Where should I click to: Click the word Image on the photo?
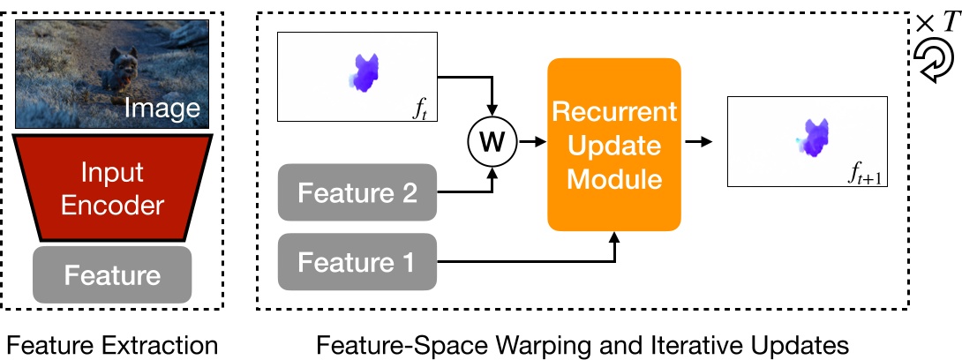162,109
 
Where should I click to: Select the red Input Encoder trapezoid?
112,188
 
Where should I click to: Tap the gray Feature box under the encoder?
112,275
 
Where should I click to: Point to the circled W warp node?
492,140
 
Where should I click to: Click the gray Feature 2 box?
357,191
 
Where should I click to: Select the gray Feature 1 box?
357,261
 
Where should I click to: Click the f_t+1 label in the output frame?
864,177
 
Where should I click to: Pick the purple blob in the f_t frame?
364,72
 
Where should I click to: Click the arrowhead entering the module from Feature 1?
614,236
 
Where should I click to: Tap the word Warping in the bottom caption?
520,344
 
